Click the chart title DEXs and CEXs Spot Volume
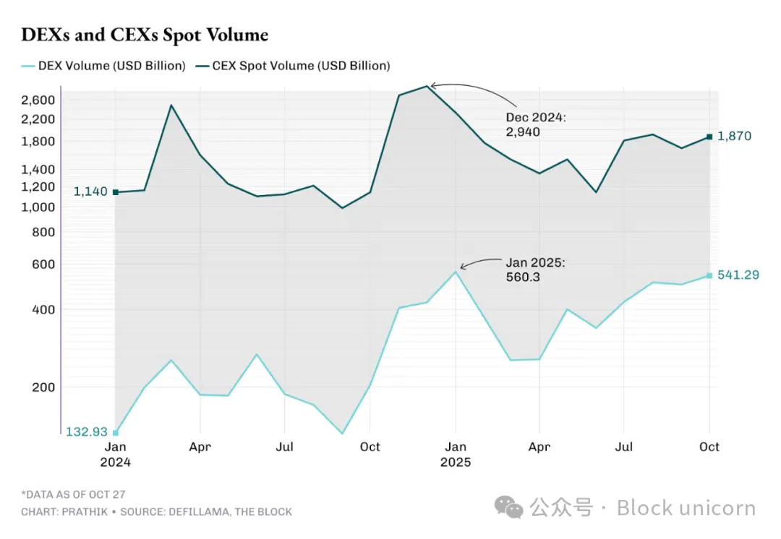click(x=145, y=34)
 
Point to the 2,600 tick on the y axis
click(x=38, y=100)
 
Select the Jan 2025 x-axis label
click(x=456, y=454)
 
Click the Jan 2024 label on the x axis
click(x=116, y=454)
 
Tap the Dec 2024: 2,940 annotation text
click(x=535, y=124)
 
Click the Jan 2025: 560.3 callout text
click(x=535, y=269)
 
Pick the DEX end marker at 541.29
click(x=709, y=275)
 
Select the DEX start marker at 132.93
click(x=116, y=433)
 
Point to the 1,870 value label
click(x=734, y=136)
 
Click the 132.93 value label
click(x=87, y=432)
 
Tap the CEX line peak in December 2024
click(x=427, y=86)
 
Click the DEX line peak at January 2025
click(x=456, y=272)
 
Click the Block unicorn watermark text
click(x=686, y=508)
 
